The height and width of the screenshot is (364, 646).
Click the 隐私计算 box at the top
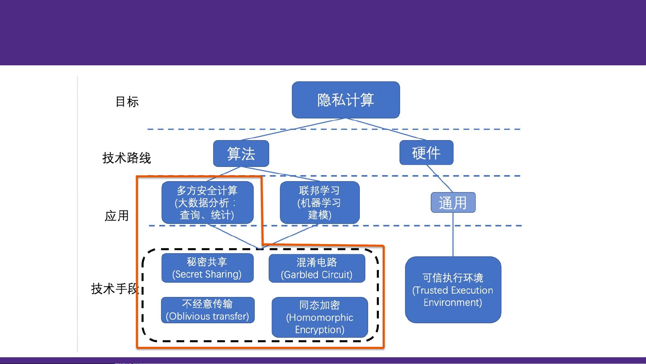pos(346,100)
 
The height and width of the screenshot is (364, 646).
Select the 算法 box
pos(241,154)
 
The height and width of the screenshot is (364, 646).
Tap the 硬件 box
pos(426,153)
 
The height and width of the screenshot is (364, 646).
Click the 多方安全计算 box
pos(207,202)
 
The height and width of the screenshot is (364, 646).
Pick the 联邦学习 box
pos(319,202)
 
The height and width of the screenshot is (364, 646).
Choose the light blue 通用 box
pos(453,202)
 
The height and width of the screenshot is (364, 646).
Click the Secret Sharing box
pos(207,268)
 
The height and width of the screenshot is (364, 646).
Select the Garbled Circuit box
pos(317,268)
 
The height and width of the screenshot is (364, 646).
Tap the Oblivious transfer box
pos(207,310)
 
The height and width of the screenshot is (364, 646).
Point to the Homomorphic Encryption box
pos(319,317)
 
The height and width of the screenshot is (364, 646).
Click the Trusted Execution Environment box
pos(453,290)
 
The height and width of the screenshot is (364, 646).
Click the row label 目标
pos(127,101)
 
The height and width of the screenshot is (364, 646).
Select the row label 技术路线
pos(126,158)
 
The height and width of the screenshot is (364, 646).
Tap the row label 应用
pos(117,216)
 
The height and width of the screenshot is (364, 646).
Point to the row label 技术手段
pos(115,289)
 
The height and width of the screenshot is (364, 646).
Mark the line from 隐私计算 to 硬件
pos(386,129)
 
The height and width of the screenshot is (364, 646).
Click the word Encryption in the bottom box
pos(319,330)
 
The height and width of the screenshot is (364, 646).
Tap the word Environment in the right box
pos(453,302)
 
